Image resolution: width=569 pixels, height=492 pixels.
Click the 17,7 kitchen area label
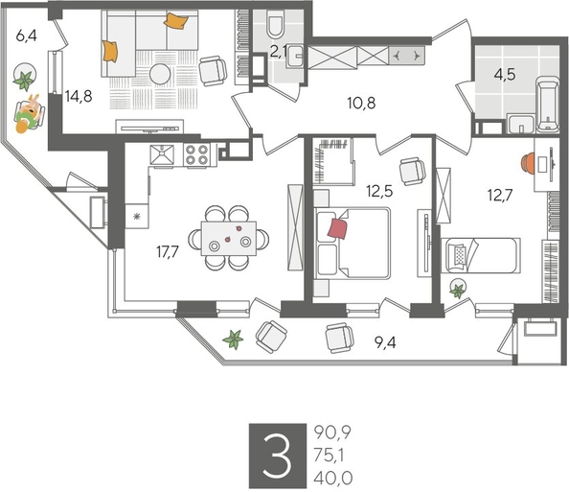pyautogui.click(x=169, y=253)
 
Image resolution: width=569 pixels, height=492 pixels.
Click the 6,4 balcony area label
pyautogui.click(x=26, y=37)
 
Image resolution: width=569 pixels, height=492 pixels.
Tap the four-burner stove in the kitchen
pyautogui.click(x=198, y=154)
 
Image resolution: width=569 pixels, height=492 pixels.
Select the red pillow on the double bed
pyautogui.click(x=338, y=227)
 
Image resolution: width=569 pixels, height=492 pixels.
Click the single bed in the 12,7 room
pyautogui.click(x=479, y=256)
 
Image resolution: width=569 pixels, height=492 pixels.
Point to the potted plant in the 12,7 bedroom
pyautogui.click(x=459, y=290)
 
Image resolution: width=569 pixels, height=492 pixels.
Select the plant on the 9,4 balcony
pyautogui.click(x=232, y=338)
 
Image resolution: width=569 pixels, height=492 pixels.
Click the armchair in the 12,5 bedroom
pyautogui.click(x=412, y=170)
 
